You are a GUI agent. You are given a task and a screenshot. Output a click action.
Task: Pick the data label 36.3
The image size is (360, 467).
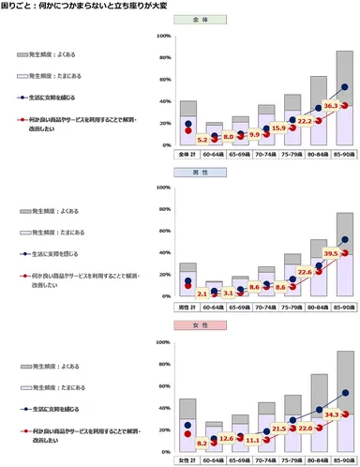click(331, 105)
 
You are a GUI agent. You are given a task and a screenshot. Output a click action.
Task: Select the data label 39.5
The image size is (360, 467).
click(331, 253)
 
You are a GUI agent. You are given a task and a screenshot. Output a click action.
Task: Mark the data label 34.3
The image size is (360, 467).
click(331, 414)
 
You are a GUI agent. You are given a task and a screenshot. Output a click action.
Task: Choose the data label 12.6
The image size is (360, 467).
click(226, 438)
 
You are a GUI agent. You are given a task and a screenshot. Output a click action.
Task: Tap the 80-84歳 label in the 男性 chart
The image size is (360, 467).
click(319, 306)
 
